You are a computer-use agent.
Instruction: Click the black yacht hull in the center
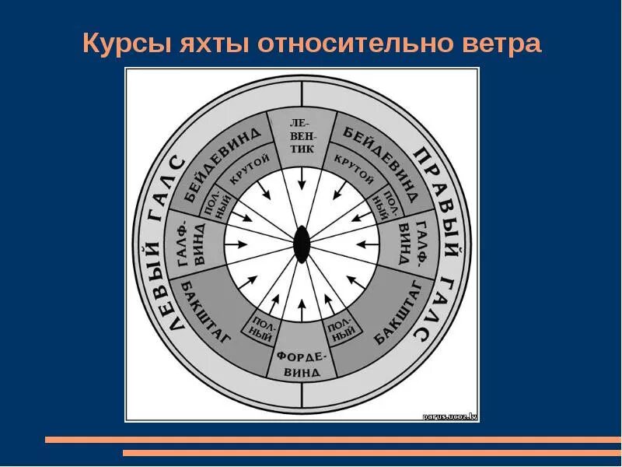pos(301,244)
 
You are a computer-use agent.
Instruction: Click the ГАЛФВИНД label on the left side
pos(192,244)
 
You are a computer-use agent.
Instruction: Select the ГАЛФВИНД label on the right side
pos(409,244)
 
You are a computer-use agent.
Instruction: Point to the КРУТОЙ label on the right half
pos(354,170)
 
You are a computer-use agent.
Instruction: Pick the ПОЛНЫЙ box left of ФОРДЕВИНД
pos(263,329)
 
